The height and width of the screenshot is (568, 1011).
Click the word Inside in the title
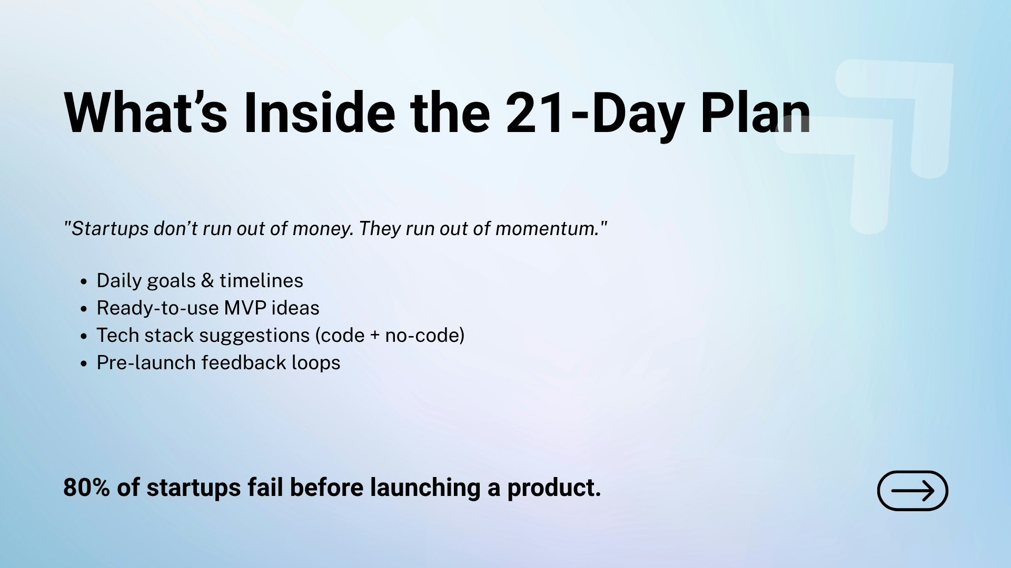319,114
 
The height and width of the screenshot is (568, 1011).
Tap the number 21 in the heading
536,114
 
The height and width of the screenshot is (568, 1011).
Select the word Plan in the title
755,114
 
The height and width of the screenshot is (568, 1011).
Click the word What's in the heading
145,114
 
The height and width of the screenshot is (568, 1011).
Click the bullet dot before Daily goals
84,282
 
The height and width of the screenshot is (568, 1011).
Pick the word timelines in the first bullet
261,281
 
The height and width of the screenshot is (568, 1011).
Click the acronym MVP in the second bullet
245,308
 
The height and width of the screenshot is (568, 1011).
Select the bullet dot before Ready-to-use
84,309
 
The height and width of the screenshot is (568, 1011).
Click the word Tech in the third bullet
117,336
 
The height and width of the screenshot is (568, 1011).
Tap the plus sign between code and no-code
375,336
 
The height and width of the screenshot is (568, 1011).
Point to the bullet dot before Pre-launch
84,364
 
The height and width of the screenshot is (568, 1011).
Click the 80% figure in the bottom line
86,488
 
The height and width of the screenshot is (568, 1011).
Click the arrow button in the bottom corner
913,491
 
